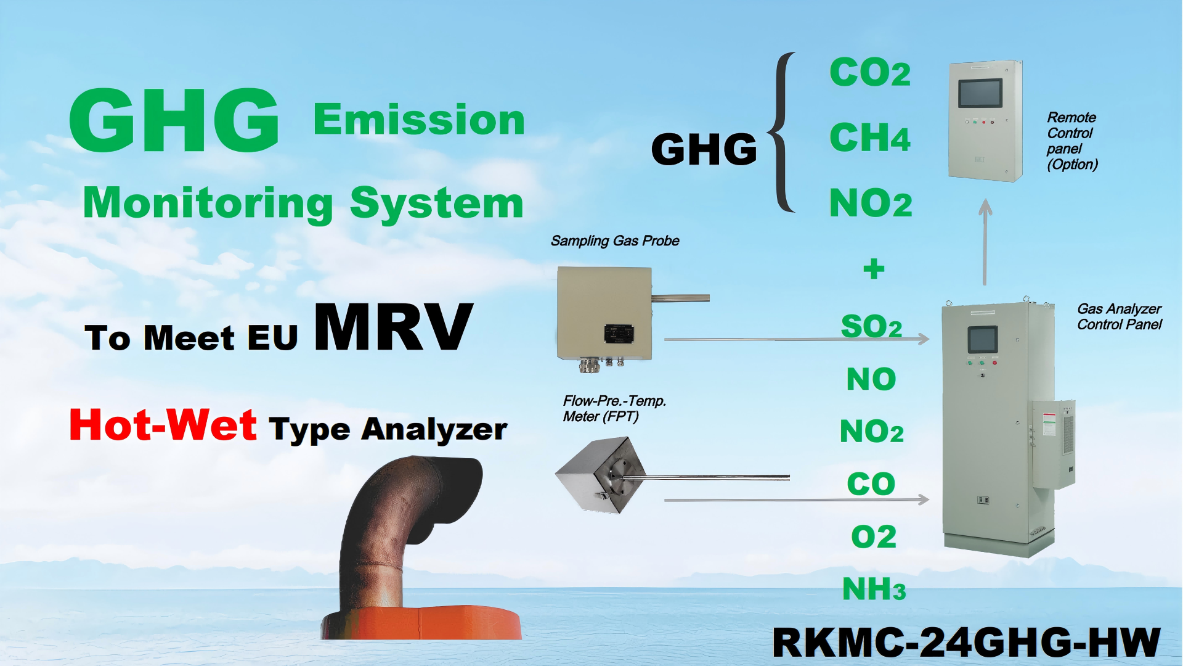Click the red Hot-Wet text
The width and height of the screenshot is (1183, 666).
coord(163,425)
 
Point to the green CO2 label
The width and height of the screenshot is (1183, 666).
coord(869,73)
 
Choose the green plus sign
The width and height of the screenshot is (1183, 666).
coord(873,269)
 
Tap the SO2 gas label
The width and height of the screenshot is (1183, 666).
coord(871,326)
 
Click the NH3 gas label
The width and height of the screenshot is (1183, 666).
coord(873,589)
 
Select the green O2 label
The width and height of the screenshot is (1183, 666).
coord(873,536)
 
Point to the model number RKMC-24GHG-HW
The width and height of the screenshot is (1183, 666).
coord(966,643)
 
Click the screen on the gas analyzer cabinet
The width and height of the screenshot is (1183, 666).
coord(982,340)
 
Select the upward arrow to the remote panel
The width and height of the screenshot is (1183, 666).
coord(985,240)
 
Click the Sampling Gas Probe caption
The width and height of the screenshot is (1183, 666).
coord(614,240)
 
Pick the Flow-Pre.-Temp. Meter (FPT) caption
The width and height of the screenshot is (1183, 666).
coord(614,409)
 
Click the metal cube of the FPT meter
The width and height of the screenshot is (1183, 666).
coord(601,475)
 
